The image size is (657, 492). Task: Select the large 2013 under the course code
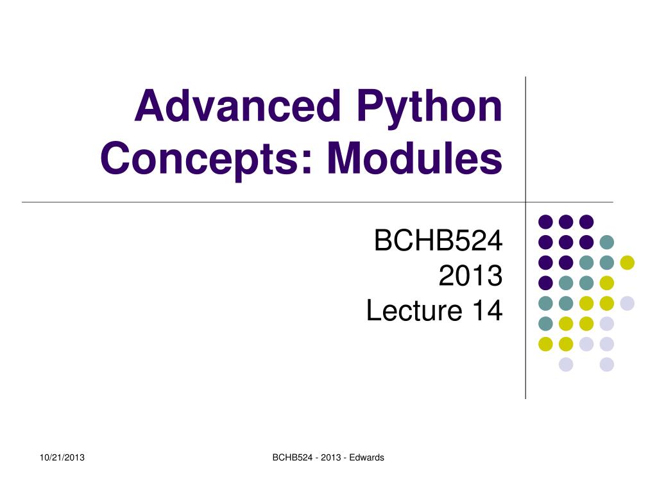tap(470, 277)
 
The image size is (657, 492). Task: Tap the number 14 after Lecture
tap(486, 311)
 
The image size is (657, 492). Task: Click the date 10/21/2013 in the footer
tap(62, 457)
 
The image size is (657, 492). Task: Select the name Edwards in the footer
tap(367, 457)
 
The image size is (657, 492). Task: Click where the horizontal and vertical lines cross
tap(525, 202)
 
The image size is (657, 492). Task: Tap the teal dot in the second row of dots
tap(606, 242)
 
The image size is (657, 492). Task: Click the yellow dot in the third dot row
tap(627, 262)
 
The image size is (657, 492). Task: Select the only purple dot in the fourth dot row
tap(545, 283)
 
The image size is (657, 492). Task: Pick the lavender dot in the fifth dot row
tap(627, 303)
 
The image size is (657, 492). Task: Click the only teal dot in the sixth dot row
tap(545, 324)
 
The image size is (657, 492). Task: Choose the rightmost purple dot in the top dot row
tap(586, 222)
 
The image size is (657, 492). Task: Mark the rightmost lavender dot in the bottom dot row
tap(606, 365)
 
